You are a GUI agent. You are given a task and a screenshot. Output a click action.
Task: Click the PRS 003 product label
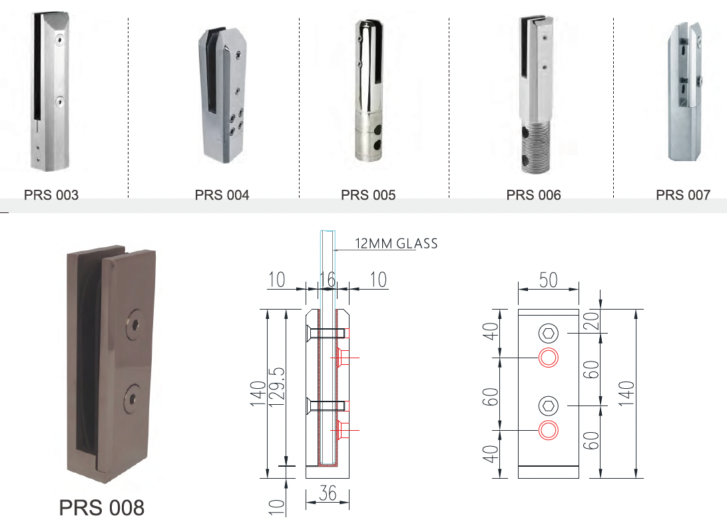tap(51, 195)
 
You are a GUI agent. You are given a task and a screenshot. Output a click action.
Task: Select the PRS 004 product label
tap(222, 195)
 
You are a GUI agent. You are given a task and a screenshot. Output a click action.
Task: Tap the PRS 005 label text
tap(368, 195)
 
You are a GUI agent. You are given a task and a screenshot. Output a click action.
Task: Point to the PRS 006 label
tap(534, 195)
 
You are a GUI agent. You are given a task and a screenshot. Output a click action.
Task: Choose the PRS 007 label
tap(684, 195)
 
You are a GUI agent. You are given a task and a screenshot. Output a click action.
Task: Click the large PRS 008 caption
tap(102, 508)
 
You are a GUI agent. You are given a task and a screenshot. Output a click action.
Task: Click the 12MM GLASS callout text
tap(396, 244)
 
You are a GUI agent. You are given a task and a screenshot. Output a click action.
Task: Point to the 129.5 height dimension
tap(277, 387)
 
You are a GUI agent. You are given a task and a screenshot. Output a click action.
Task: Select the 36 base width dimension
tap(328, 493)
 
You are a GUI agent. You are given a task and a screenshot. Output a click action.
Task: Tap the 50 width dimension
tap(548, 280)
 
